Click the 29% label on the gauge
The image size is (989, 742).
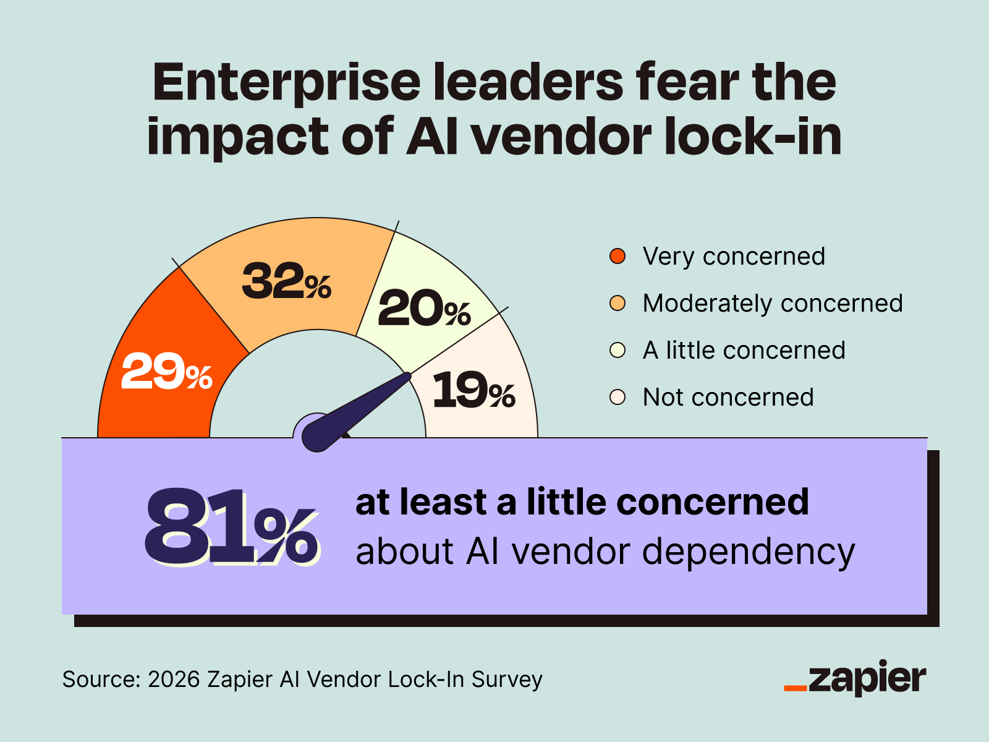tap(166, 372)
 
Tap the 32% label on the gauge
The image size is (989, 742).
tap(286, 282)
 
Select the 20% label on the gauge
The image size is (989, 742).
tap(424, 309)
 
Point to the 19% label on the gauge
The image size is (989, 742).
tap(473, 391)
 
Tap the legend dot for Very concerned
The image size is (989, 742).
tap(618, 256)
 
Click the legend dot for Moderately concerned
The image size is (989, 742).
tap(618, 303)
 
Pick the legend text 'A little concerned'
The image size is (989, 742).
tap(744, 350)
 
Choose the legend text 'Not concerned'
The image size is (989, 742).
tap(728, 397)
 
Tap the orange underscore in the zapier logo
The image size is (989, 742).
tap(795, 688)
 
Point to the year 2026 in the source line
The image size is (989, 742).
tap(174, 679)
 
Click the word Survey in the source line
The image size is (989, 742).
tap(507, 679)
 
